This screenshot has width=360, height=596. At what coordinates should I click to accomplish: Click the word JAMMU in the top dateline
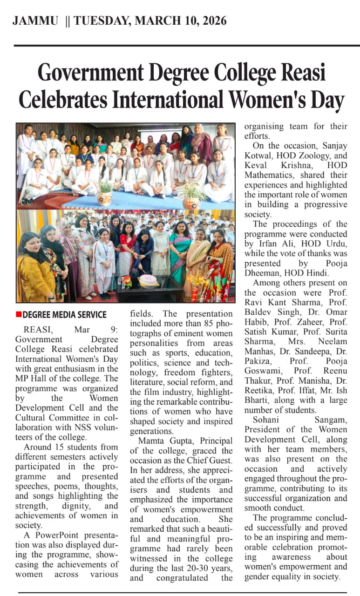click(x=35, y=21)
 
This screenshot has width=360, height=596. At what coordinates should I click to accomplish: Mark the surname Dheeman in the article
click(x=266, y=273)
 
